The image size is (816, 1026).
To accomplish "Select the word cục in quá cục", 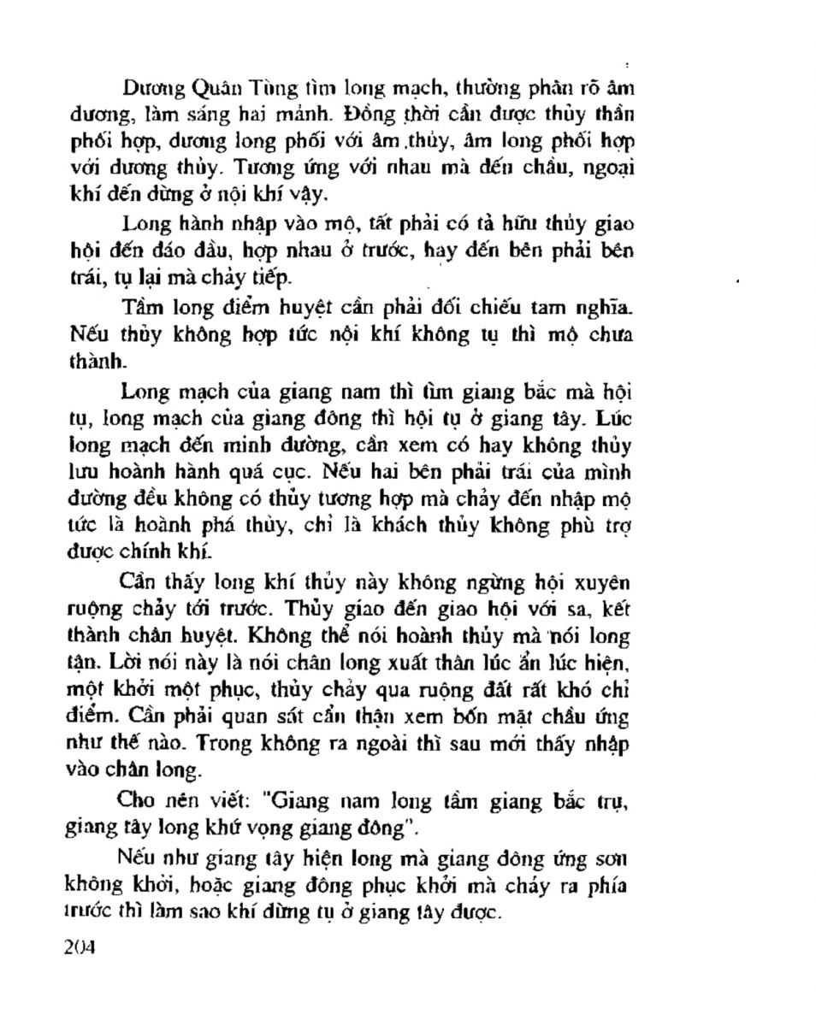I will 410,473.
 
